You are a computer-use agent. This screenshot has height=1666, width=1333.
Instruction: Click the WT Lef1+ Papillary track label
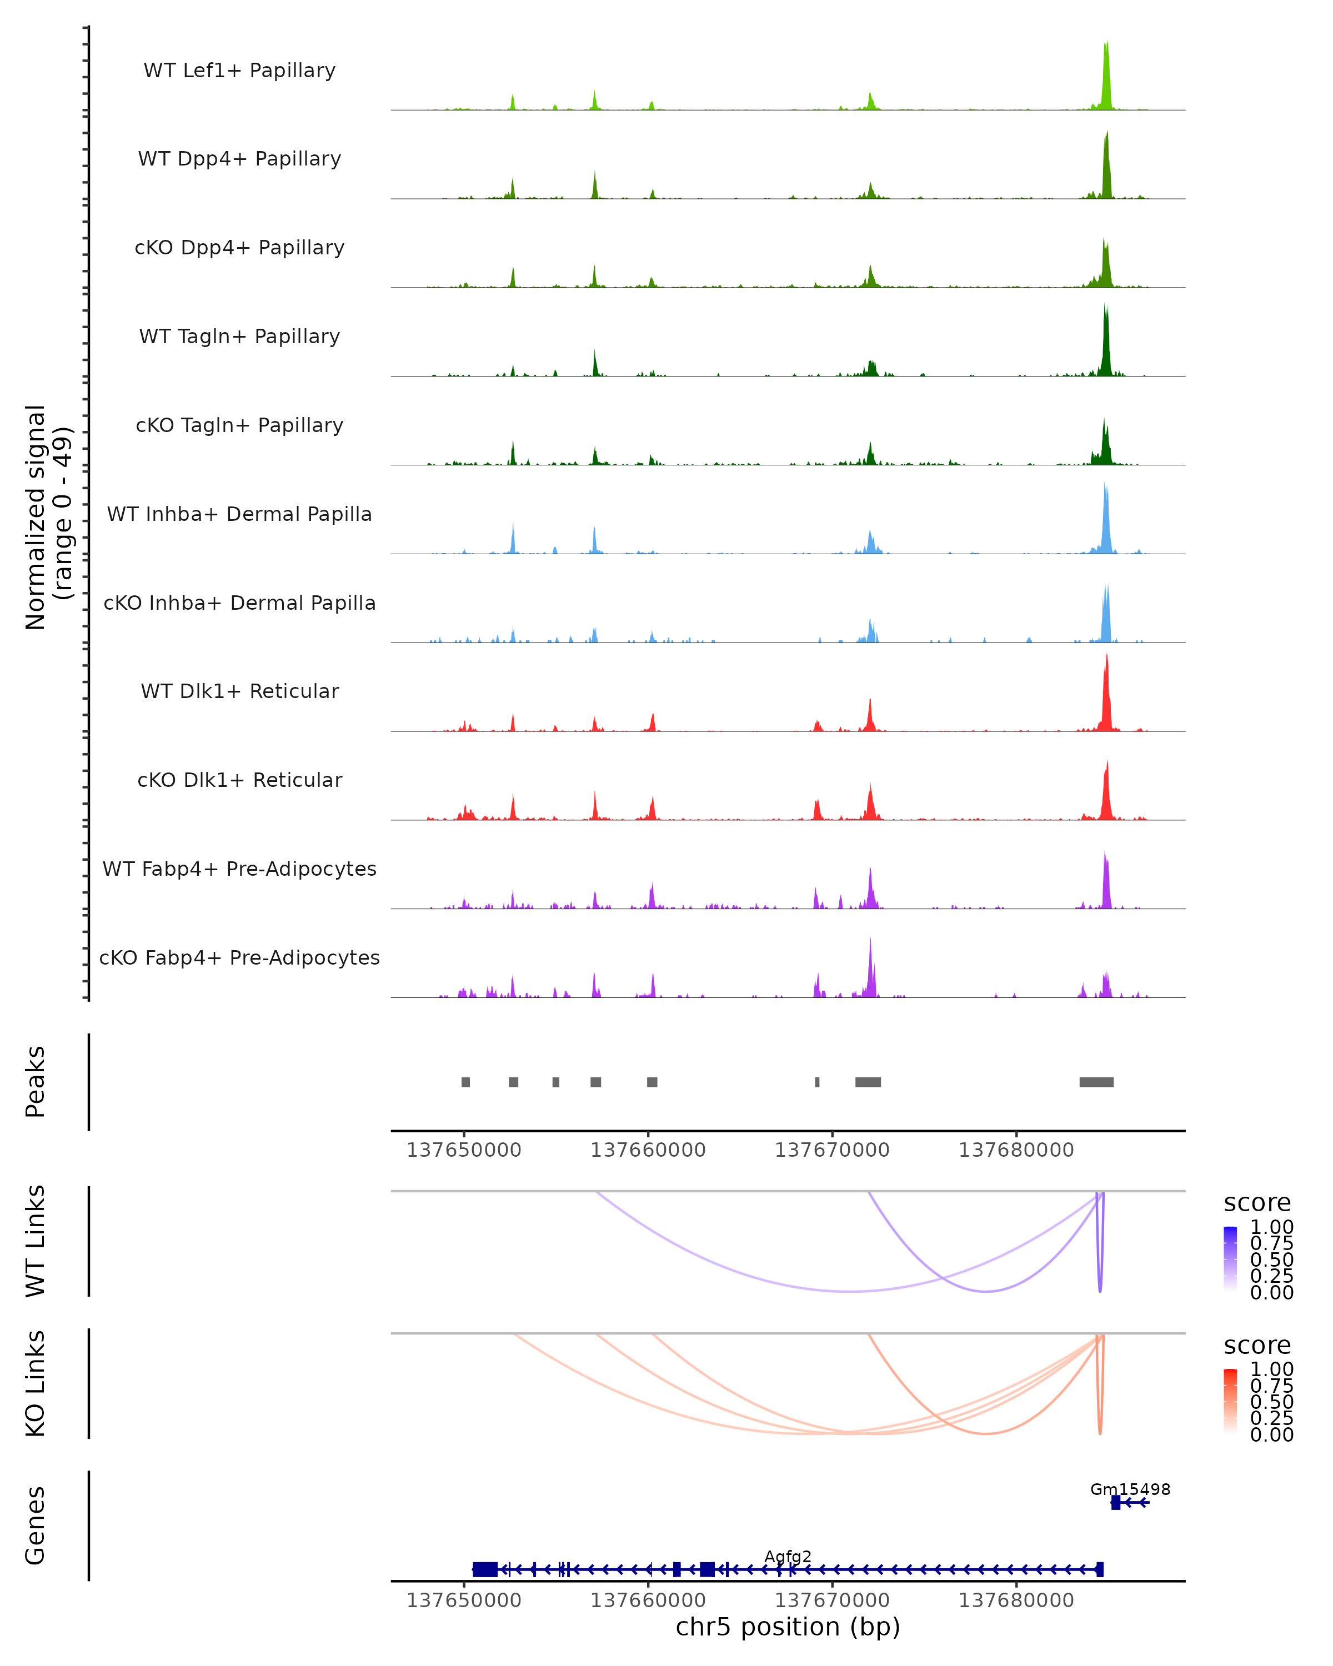pos(239,71)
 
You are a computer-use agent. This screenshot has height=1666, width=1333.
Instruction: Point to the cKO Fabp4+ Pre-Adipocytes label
pos(239,957)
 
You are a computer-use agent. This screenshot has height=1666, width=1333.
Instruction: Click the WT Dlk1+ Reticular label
pos(239,691)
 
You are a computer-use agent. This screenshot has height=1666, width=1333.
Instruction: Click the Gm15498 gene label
pos(1130,1489)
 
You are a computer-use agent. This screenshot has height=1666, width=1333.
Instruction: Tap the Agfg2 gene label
pos(788,1556)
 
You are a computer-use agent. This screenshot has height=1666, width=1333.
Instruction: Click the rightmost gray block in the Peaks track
pos(1096,1082)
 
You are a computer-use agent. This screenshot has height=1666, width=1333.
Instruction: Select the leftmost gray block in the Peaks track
pos(465,1082)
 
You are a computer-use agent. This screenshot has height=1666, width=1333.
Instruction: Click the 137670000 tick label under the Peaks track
pos(832,1151)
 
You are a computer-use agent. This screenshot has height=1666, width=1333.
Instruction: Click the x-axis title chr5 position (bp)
pos(788,1627)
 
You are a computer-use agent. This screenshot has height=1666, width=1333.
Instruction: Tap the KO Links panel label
pos(36,1384)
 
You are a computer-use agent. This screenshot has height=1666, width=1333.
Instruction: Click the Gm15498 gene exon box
pos(1115,1502)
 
